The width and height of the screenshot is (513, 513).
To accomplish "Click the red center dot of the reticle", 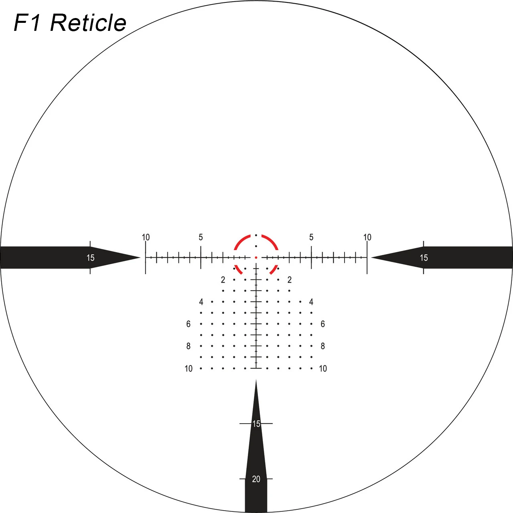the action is [256, 258].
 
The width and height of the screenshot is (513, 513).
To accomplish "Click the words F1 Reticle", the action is [70, 23].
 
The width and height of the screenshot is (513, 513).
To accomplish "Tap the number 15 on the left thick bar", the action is [90, 258].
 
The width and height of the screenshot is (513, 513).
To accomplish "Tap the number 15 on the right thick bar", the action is [424, 258].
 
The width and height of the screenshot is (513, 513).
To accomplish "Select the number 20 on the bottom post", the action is [256, 479].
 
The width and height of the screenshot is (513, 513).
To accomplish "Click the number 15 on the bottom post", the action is [256, 424].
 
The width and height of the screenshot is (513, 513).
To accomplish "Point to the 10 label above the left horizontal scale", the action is [146, 237].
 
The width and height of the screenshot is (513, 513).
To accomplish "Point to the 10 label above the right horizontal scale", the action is [367, 237].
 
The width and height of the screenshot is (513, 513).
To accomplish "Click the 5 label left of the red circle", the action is [201, 237].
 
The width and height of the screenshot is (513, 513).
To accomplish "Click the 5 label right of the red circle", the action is [311, 237].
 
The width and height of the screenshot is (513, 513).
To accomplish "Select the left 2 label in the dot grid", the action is [223, 279].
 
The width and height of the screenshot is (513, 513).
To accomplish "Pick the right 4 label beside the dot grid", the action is [311, 302].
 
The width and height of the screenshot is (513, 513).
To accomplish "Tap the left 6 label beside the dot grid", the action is [189, 324].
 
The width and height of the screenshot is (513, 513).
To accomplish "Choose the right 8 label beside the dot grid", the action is [323, 346].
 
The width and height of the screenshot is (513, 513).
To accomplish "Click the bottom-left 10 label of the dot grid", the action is [189, 368].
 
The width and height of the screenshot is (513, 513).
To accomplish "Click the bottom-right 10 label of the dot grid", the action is [323, 368].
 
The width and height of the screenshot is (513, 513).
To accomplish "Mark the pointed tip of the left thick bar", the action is [140, 257].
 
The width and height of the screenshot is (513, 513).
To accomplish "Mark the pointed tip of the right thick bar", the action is [371, 257].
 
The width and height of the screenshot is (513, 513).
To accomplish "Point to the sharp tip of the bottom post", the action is [256, 380].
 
